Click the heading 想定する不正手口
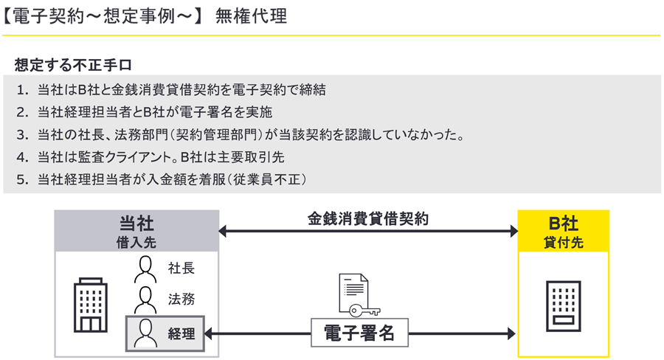coord(74,64)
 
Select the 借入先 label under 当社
coord(136,241)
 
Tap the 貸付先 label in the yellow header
coord(563,241)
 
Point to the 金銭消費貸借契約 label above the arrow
coord(368,219)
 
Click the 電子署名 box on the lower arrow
coord(359,333)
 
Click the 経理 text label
coord(181,334)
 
